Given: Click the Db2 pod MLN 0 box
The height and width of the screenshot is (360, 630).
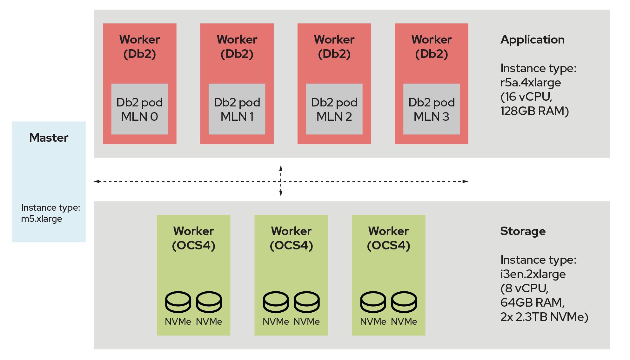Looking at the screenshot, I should tap(139, 109).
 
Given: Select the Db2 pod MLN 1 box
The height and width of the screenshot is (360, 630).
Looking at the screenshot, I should tap(237, 109).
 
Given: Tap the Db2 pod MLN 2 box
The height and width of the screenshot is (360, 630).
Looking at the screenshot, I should tap(334, 109).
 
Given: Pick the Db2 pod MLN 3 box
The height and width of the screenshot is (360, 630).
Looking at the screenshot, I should tap(431, 109).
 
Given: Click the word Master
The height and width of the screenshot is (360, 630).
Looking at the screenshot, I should tap(49, 138).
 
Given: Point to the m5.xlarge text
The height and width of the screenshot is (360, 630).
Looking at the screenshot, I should tap(42, 219).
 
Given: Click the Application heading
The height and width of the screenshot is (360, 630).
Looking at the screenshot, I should tap(532, 40).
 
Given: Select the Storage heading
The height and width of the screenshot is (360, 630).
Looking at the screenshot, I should tap(523, 231).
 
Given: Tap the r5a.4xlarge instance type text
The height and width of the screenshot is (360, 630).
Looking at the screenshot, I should tap(530, 83).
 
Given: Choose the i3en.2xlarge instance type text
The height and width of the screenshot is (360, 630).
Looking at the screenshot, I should tap(533, 274).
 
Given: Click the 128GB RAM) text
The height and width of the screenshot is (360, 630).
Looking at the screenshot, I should tap(534, 111).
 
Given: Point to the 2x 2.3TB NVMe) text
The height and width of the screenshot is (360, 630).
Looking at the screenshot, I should tap(544, 317).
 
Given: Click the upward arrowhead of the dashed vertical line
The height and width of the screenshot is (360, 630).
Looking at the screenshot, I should tap(281, 168).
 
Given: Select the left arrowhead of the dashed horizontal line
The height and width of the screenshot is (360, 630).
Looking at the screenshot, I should tap(97, 181).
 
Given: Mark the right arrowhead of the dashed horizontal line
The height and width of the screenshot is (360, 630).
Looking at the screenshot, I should tap(466, 181).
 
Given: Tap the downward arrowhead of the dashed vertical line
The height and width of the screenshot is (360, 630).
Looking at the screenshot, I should tap(281, 193).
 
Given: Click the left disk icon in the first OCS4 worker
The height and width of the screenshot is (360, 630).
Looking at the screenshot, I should tap(178, 302).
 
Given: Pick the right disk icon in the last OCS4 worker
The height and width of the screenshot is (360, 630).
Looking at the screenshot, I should tap(404, 302).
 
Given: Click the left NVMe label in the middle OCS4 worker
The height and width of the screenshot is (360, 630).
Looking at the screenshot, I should tap(276, 322).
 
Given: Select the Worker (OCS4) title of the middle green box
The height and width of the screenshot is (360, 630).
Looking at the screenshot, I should tap(291, 238).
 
